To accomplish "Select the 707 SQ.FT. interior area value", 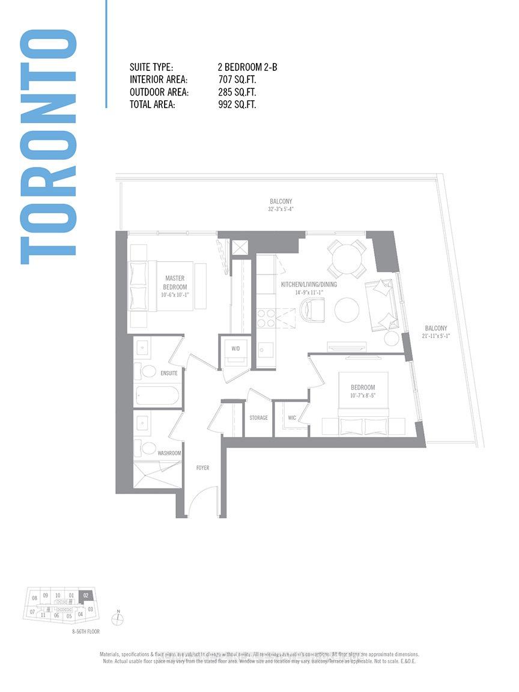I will [237, 80].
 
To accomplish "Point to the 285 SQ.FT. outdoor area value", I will [237, 93].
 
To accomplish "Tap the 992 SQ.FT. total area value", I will [237, 105].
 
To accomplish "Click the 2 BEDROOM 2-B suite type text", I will [247, 68].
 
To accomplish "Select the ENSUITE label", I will [169, 373].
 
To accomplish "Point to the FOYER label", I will [202, 467].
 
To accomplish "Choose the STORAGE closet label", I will [258, 418].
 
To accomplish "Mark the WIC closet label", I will [292, 418].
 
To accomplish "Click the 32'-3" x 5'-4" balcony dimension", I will [281, 210].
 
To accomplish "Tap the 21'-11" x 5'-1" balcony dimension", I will [436, 336].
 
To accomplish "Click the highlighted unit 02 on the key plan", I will [86, 595].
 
